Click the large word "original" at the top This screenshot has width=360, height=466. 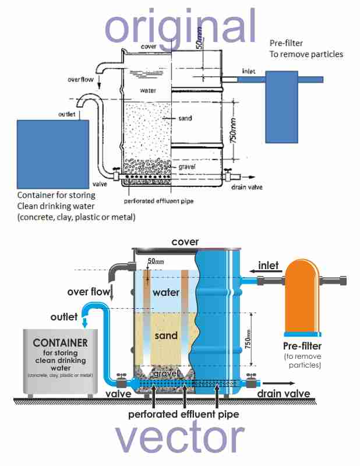(181, 26)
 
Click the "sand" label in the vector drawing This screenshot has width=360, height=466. (167, 336)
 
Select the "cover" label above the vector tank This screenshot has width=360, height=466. (185, 242)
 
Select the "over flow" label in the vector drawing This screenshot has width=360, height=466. (88, 291)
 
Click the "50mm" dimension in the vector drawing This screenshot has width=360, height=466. (154, 260)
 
